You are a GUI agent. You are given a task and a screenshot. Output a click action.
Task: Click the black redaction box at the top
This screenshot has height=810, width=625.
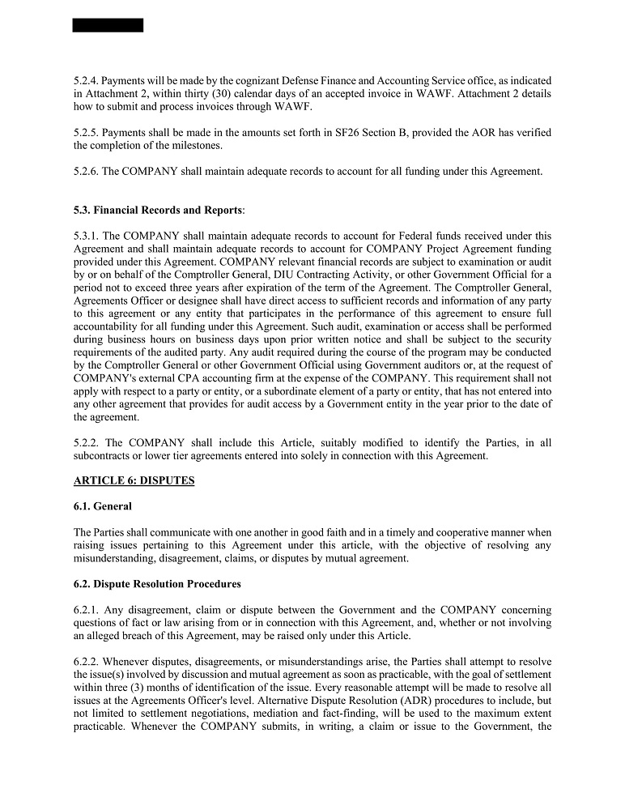[x=108, y=25]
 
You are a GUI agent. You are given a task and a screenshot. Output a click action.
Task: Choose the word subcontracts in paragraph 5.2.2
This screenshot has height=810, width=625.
[x=104, y=456]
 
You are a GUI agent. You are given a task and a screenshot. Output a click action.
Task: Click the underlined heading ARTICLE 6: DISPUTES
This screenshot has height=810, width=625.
[x=134, y=480]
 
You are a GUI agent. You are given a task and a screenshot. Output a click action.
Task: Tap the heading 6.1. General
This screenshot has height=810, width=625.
[x=103, y=506]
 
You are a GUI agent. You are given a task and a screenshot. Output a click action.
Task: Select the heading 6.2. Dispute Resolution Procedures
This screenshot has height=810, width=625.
[x=157, y=584]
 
